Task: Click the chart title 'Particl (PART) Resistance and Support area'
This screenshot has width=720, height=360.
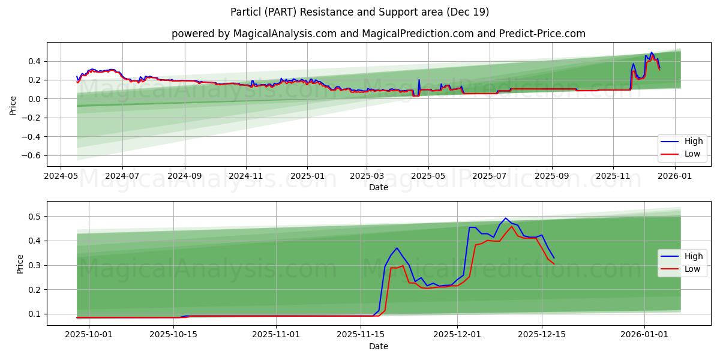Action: click(360, 12)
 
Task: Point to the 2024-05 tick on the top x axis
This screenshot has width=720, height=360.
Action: click(61, 176)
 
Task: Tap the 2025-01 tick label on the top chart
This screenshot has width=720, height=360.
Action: click(307, 176)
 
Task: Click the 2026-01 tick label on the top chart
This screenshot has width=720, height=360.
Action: click(676, 176)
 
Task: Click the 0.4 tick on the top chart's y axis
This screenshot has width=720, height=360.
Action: click(34, 61)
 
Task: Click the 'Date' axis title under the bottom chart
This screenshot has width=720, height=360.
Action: click(378, 346)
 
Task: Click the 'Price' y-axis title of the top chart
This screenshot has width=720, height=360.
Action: click(13, 104)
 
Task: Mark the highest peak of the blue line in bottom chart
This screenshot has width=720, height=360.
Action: click(505, 218)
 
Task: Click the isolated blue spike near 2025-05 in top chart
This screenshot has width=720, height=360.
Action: click(419, 80)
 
